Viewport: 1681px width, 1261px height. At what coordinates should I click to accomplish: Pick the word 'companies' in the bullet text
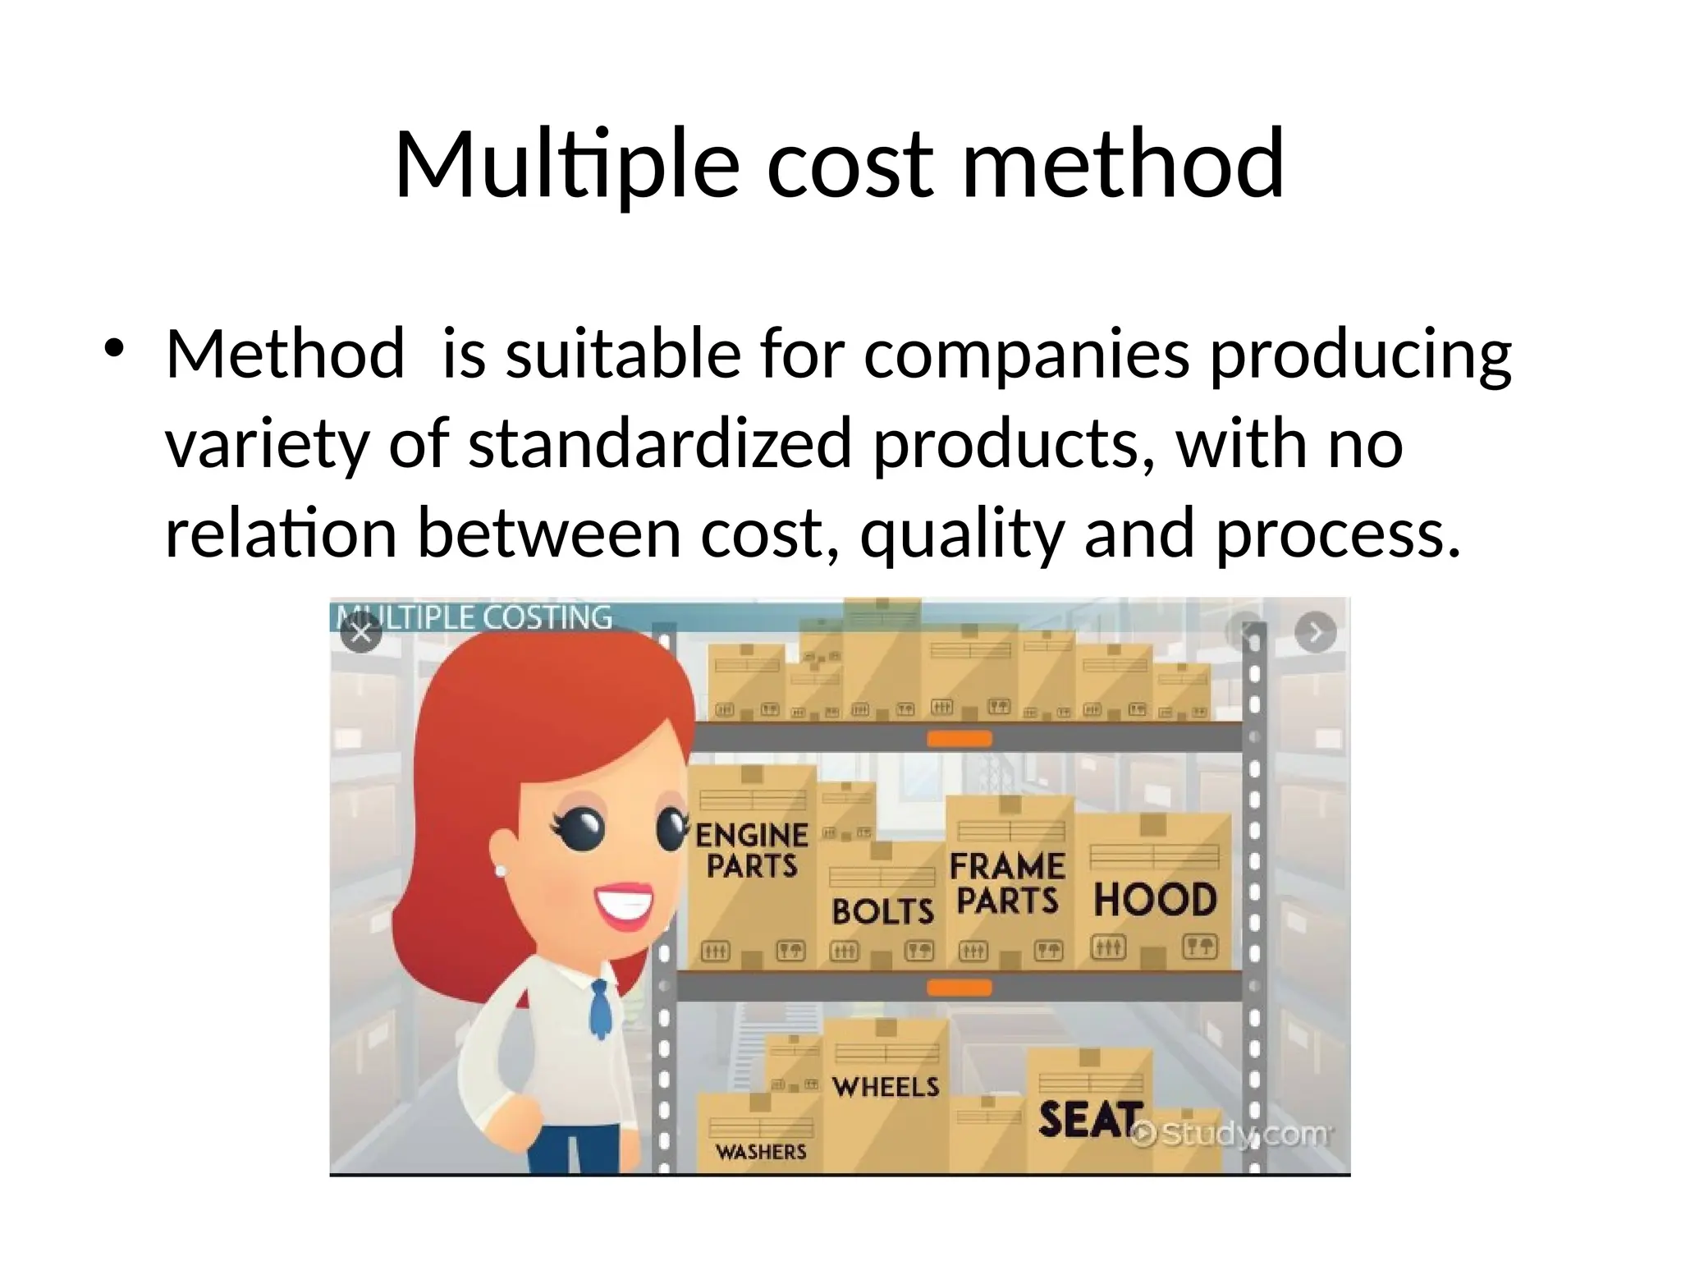(x=1026, y=355)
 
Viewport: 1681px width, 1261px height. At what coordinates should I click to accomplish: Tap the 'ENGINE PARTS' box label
(x=752, y=851)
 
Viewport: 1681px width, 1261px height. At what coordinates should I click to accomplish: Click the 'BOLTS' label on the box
(x=882, y=911)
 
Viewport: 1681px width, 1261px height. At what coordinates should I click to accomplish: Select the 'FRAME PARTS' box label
(x=1007, y=883)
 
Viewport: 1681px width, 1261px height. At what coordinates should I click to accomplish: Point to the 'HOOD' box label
(x=1155, y=901)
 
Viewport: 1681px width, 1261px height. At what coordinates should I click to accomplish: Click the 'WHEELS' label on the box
(x=886, y=1087)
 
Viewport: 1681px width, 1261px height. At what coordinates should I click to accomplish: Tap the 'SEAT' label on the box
(x=1090, y=1120)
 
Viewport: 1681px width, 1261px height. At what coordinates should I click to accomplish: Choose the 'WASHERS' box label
(x=761, y=1153)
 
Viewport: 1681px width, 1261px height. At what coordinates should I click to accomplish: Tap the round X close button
(x=361, y=633)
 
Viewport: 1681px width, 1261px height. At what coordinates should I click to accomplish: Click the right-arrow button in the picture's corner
(x=1315, y=633)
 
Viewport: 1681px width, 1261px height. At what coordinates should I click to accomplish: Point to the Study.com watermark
(x=1231, y=1135)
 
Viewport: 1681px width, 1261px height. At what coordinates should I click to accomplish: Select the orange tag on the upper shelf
(x=959, y=739)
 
